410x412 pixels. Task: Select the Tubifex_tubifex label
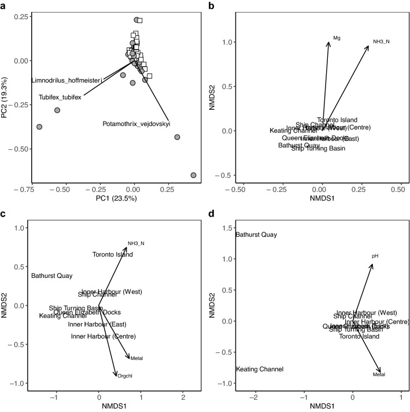(x=60, y=97)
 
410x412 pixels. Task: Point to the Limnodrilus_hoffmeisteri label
(x=67, y=80)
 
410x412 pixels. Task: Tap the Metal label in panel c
(x=137, y=358)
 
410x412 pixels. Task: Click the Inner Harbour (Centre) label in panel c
(x=104, y=336)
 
